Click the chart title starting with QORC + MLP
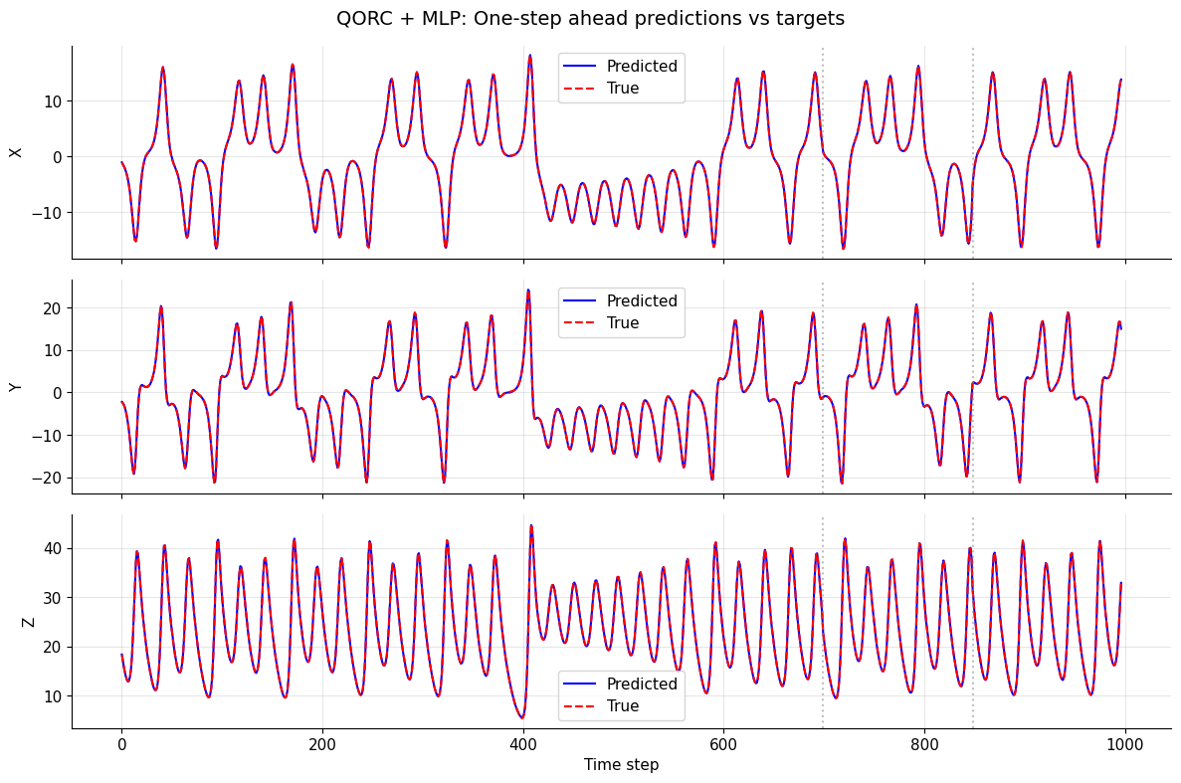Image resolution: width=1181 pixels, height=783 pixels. pyautogui.click(x=590, y=18)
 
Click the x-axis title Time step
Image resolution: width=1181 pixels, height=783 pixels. pyautogui.click(x=621, y=765)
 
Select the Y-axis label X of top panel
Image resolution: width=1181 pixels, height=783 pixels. pyautogui.click(x=16, y=152)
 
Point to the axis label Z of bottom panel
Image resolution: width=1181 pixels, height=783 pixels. pyautogui.click(x=28, y=622)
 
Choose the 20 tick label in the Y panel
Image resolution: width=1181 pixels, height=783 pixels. pyautogui.click(x=52, y=308)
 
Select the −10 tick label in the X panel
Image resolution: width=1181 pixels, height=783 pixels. pyautogui.click(x=47, y=213)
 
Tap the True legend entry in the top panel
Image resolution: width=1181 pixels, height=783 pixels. pyautogui.click(x=623, y=89)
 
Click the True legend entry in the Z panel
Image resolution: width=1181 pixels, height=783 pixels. pyautogui.click(x=623, y=706)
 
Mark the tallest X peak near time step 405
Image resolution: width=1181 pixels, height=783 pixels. pyautogui.click(x=529, y=56)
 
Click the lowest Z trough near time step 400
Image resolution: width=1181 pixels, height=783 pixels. pyautogui.click(x=521, y=717)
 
